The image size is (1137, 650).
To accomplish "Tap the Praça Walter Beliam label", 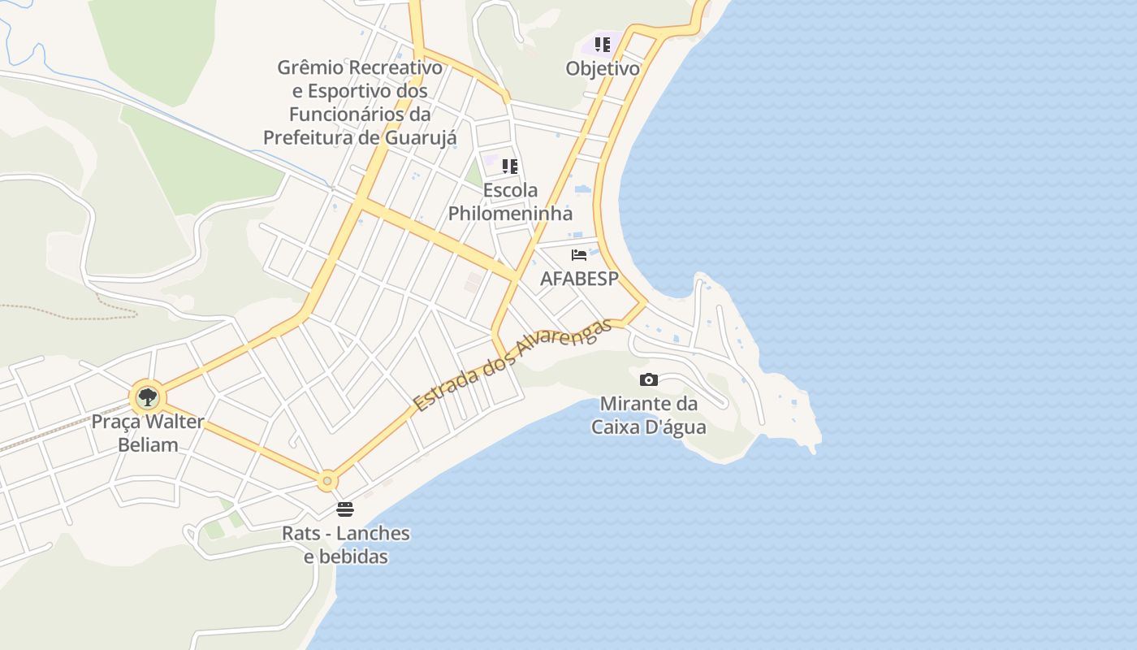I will (x=147, y=433).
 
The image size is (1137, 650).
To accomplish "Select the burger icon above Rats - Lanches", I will (x=345, y=509).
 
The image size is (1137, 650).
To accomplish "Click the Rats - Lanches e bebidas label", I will (x=346, y=545).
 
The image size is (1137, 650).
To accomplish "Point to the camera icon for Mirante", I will (x=648, y=379).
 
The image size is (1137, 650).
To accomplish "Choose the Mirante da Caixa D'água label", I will (x=648, y=414).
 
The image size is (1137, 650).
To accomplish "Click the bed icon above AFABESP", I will (x=579, y=255).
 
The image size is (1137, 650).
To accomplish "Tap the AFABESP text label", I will (x=579, y=279).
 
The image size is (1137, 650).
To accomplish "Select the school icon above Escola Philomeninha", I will (x=510, y=167).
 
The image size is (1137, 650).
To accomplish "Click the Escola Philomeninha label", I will (x=510, y=201).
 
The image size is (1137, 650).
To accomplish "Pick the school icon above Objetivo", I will (x=602, y=45).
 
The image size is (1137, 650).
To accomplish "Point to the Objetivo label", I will (x=603, y=68).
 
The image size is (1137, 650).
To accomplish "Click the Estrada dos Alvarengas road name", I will (x=512, y=365).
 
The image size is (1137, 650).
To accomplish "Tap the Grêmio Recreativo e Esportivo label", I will (x=360, y=102).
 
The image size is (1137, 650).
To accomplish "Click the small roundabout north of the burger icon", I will (x=327, y=481).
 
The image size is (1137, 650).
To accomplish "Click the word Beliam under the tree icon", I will (x=148, y=444).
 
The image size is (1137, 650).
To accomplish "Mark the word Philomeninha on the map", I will (x=510, y=214).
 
